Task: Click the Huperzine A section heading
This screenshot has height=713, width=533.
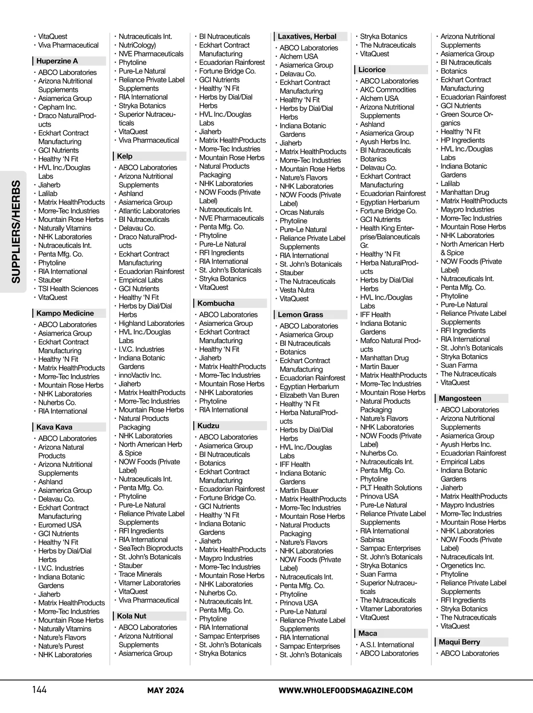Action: pyautogui.click(x=57, y=61)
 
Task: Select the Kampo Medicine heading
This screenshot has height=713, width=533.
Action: pyautogui.click(x=65, y=313)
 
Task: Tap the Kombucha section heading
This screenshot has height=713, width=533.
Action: pyautogui.click(x=216, y=304)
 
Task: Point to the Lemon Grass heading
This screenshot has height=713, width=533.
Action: pyautogui.click(x=300, y=315)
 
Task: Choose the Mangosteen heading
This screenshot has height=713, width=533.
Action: pyautogui.click(x=460, y=399)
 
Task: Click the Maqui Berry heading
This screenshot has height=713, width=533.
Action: pyautogui.click(x=459, y=642)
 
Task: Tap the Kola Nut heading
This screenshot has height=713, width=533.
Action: pyautogui.click(x=131, y=616)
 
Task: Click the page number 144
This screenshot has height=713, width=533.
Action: pyautogui.click(x=39, y=690)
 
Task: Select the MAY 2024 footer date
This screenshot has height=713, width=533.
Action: pyautogui.click(x=166, y=690)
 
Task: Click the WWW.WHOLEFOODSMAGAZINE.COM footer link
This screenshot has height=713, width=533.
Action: pyautogui.click(x=346, y=690)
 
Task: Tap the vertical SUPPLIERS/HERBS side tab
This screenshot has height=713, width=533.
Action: pyautogui.click(x=16, y=231)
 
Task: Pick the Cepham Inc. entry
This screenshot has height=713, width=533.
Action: pyautogui.click(x=57, y=107)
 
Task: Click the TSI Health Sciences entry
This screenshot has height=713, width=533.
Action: pyautogui.click(x=68, y=289)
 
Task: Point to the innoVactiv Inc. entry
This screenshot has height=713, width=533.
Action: pyautogui.click(x=140, y=375)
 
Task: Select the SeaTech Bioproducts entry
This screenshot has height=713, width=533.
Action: pyautogui.click(x=151, y=548)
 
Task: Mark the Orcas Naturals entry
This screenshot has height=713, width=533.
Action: pyautogui.click(x=302, y=212)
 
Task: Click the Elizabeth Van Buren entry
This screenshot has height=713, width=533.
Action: pyautogui.click(x=309, y=395)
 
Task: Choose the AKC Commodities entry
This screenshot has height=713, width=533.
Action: pyautogui.click(x=388, y=90)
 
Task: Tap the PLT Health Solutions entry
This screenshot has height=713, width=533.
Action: pyautogui.click(x=391, y=487)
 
